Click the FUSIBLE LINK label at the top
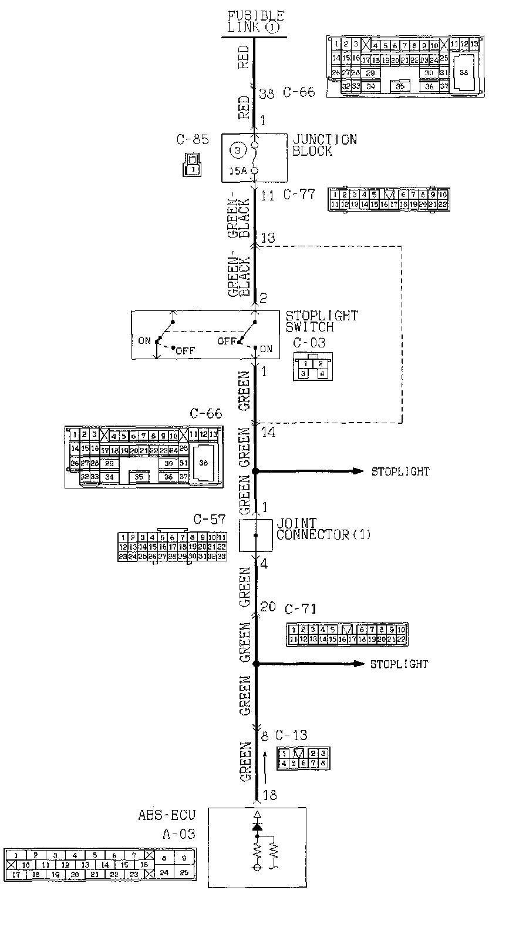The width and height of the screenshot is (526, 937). pos(255,21)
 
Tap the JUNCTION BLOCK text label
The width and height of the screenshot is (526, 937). pos(324,145)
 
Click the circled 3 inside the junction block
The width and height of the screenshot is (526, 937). pos(237,150)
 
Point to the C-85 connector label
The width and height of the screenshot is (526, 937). pos(192,140)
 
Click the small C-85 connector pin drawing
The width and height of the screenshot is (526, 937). pos(191,165)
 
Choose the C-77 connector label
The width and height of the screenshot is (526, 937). pos(299,194)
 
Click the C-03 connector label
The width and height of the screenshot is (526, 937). pos(309,343)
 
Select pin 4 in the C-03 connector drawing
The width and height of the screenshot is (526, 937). pos(321,373)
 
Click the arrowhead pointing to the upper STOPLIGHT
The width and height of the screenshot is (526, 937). pos(357,471)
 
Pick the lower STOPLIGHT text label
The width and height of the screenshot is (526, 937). pos(399,664)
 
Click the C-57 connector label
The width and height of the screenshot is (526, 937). pos(210,519)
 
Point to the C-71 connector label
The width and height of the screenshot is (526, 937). pos(301,608)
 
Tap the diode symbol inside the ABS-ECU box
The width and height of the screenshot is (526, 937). pos(257,826)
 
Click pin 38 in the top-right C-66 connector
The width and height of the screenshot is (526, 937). pos(464,73)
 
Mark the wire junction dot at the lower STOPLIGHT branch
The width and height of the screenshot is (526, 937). pos(255,664)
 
